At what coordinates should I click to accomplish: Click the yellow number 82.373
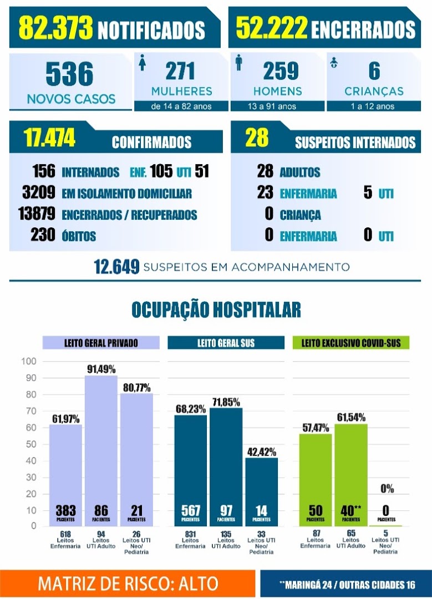tap(55, 27)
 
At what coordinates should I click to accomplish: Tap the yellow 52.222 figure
tap(272, 27)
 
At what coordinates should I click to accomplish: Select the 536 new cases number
tap(69, 74)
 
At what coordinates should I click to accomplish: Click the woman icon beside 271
tap(143, 63)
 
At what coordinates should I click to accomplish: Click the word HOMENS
tap(278, 92)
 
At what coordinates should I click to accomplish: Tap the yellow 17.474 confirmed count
tap(49, 138)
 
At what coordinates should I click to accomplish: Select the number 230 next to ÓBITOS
tap(43, 235)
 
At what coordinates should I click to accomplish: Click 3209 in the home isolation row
tap(39, 192)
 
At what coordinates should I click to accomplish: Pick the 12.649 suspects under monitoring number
tap(116, 267)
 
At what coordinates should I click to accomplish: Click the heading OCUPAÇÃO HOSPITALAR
tap(216, 309)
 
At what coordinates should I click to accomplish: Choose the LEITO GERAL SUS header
tap(226, 343)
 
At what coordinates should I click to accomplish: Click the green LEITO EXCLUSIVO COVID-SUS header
tap(351, 343)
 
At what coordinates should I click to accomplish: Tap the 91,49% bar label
tap(101, 369)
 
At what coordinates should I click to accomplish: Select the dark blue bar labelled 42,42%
tap(262, 491)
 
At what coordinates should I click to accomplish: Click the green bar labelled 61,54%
tap(351, 475)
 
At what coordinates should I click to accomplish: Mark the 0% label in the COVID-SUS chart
tap(387, 488)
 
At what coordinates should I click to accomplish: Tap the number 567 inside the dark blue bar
tap(191, 510)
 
